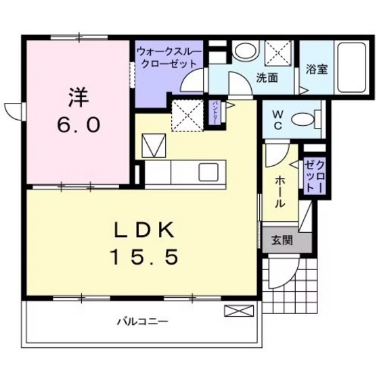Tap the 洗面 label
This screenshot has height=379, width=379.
point(267,78)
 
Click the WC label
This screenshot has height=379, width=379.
point(277,120)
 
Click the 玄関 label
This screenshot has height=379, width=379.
point(282,239)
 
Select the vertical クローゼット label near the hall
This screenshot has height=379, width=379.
point(315,175)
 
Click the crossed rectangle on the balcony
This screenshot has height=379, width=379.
point(238,311)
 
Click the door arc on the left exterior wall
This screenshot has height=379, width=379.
point(13,108)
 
